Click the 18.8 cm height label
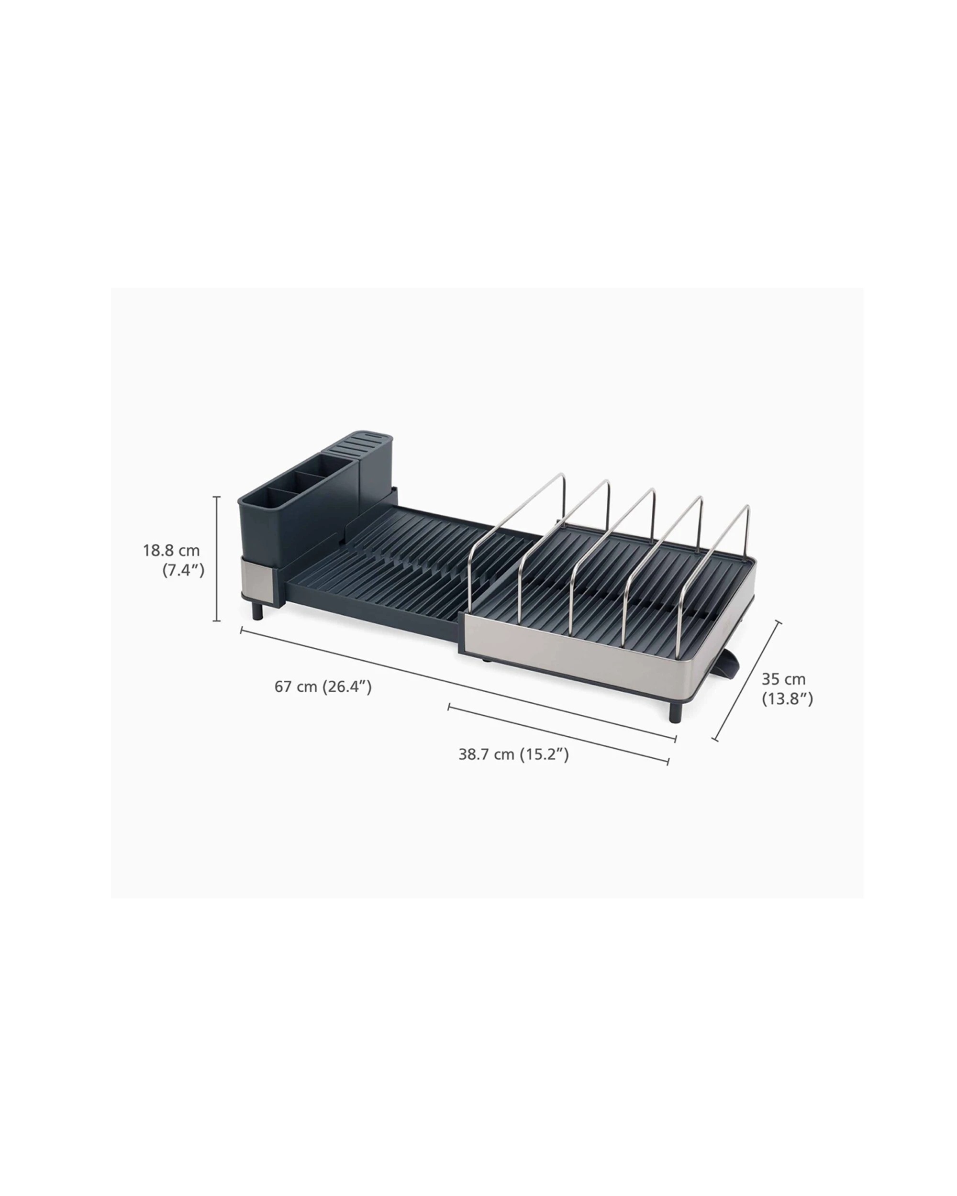tap(171, 551)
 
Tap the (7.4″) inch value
tap(183, 570)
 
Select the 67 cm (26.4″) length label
tap(323, 687)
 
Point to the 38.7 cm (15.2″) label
tap(513, 754)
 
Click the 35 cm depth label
tap(783, 679)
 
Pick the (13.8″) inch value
tap(787, 699)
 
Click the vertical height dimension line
tap(217, 559)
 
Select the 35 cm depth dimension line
tap(747, 681)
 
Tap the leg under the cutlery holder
tap(258, 611)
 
